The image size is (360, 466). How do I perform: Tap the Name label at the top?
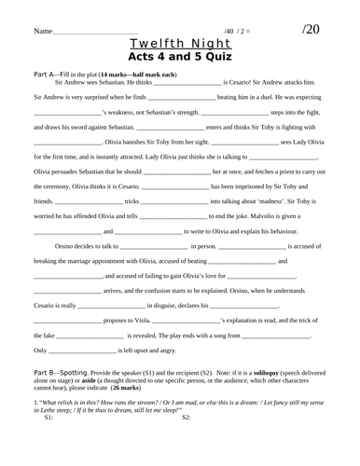42,32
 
